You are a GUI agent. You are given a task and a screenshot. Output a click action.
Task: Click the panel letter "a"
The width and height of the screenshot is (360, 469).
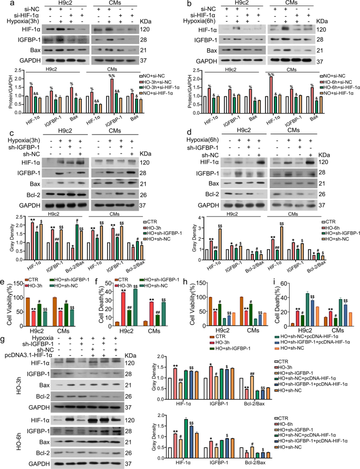[x=5, y=5]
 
